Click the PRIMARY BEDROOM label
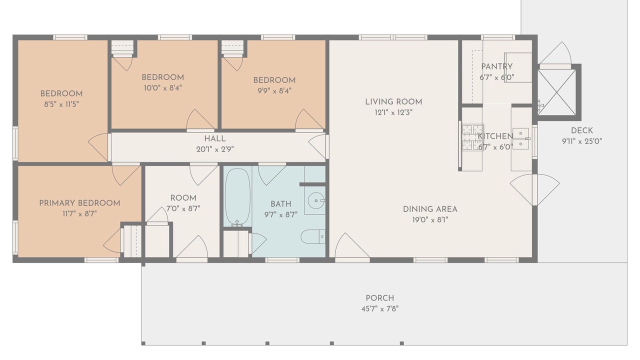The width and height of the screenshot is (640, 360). point(79,203)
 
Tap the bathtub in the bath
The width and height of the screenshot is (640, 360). point(237,197)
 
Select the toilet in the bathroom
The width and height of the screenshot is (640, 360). point(313,236)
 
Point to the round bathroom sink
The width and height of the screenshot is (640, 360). point(316,200)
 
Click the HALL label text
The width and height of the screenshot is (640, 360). point(215,139)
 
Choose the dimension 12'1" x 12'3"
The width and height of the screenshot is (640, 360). point(393,112)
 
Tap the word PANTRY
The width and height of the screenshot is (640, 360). point(496,66)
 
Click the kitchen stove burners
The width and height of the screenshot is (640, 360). point(473,137)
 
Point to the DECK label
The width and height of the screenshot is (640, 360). point(581,130)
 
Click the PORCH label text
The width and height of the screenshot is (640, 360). point(379,298)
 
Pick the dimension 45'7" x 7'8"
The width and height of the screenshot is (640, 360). point(379,309)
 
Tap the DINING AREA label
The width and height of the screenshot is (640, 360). point(430,209)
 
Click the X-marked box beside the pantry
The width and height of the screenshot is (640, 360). point(556,92)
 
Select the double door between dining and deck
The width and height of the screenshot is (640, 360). point(534,190)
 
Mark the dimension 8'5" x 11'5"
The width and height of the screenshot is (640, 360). point(61,104)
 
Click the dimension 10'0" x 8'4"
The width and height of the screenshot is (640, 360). point(162,87)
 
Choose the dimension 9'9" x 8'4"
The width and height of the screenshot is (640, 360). point(274,91)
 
